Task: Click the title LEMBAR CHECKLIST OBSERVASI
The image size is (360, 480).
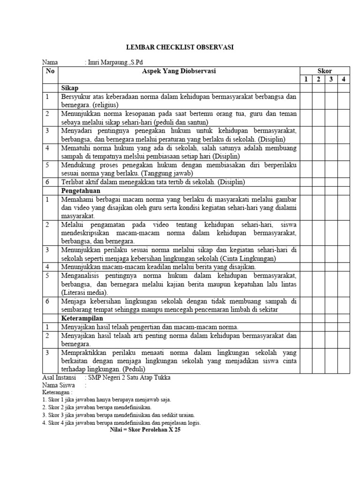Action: pyautogui.click(x=180, y=47)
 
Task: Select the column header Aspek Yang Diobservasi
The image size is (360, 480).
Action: pyautogui.click(x=179, y=71)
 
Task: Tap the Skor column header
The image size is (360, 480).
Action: pyautogui.click(x=324, y=71)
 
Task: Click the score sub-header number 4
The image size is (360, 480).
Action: pyautogui.click(x=343, y=79)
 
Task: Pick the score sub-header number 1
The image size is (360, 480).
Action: pyautogui.click(x=306, y=79)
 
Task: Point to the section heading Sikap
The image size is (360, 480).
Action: pyautogui.click(x=69, y=88)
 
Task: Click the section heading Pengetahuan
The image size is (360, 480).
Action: pyautogui.click(x=80, y=191)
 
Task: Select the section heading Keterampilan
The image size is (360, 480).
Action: pyautogui.click(x=82, y=318)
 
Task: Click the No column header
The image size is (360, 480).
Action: pyautogui.click(x=50, y=71)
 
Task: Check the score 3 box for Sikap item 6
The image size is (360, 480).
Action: pyautogui.click(x=331, y=182)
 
